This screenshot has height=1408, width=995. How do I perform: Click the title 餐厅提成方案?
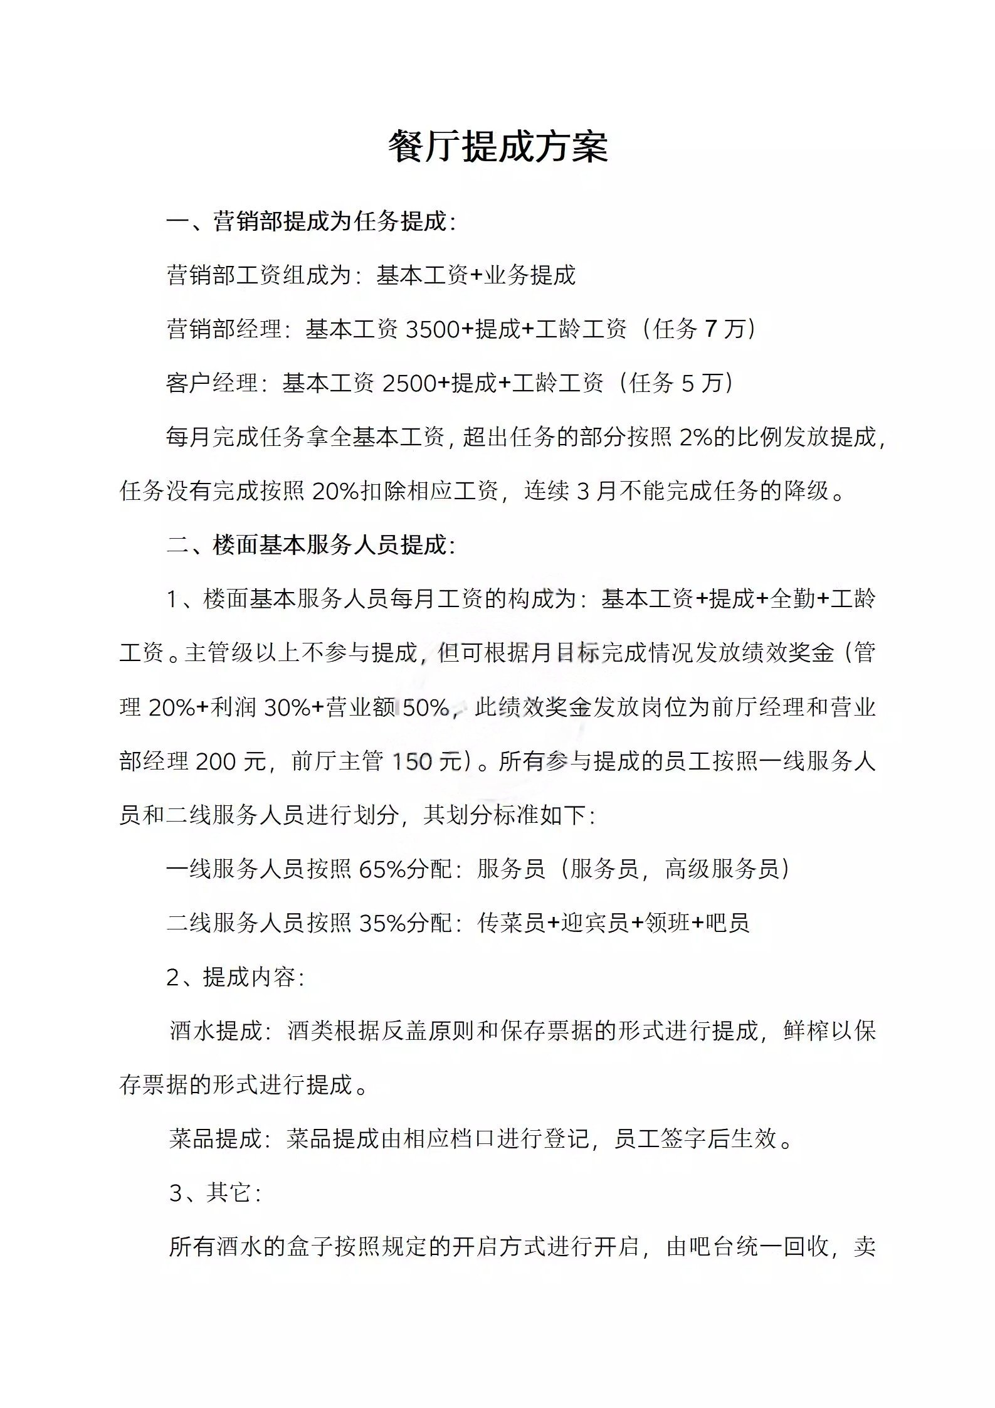(498, 148)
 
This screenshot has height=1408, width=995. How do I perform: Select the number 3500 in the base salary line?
(433, 329)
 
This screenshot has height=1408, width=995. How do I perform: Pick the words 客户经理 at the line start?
(212, 383)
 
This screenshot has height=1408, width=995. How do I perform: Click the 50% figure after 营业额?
(426, 707)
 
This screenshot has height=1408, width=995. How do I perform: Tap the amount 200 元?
(231, 761)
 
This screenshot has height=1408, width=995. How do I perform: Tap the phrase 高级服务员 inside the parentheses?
(722, 869)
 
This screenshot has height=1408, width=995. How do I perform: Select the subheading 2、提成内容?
(235, 977)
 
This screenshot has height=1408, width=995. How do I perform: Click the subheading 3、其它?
(214, 1193)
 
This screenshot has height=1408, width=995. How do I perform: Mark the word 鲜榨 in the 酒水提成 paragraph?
(806, 1031)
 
